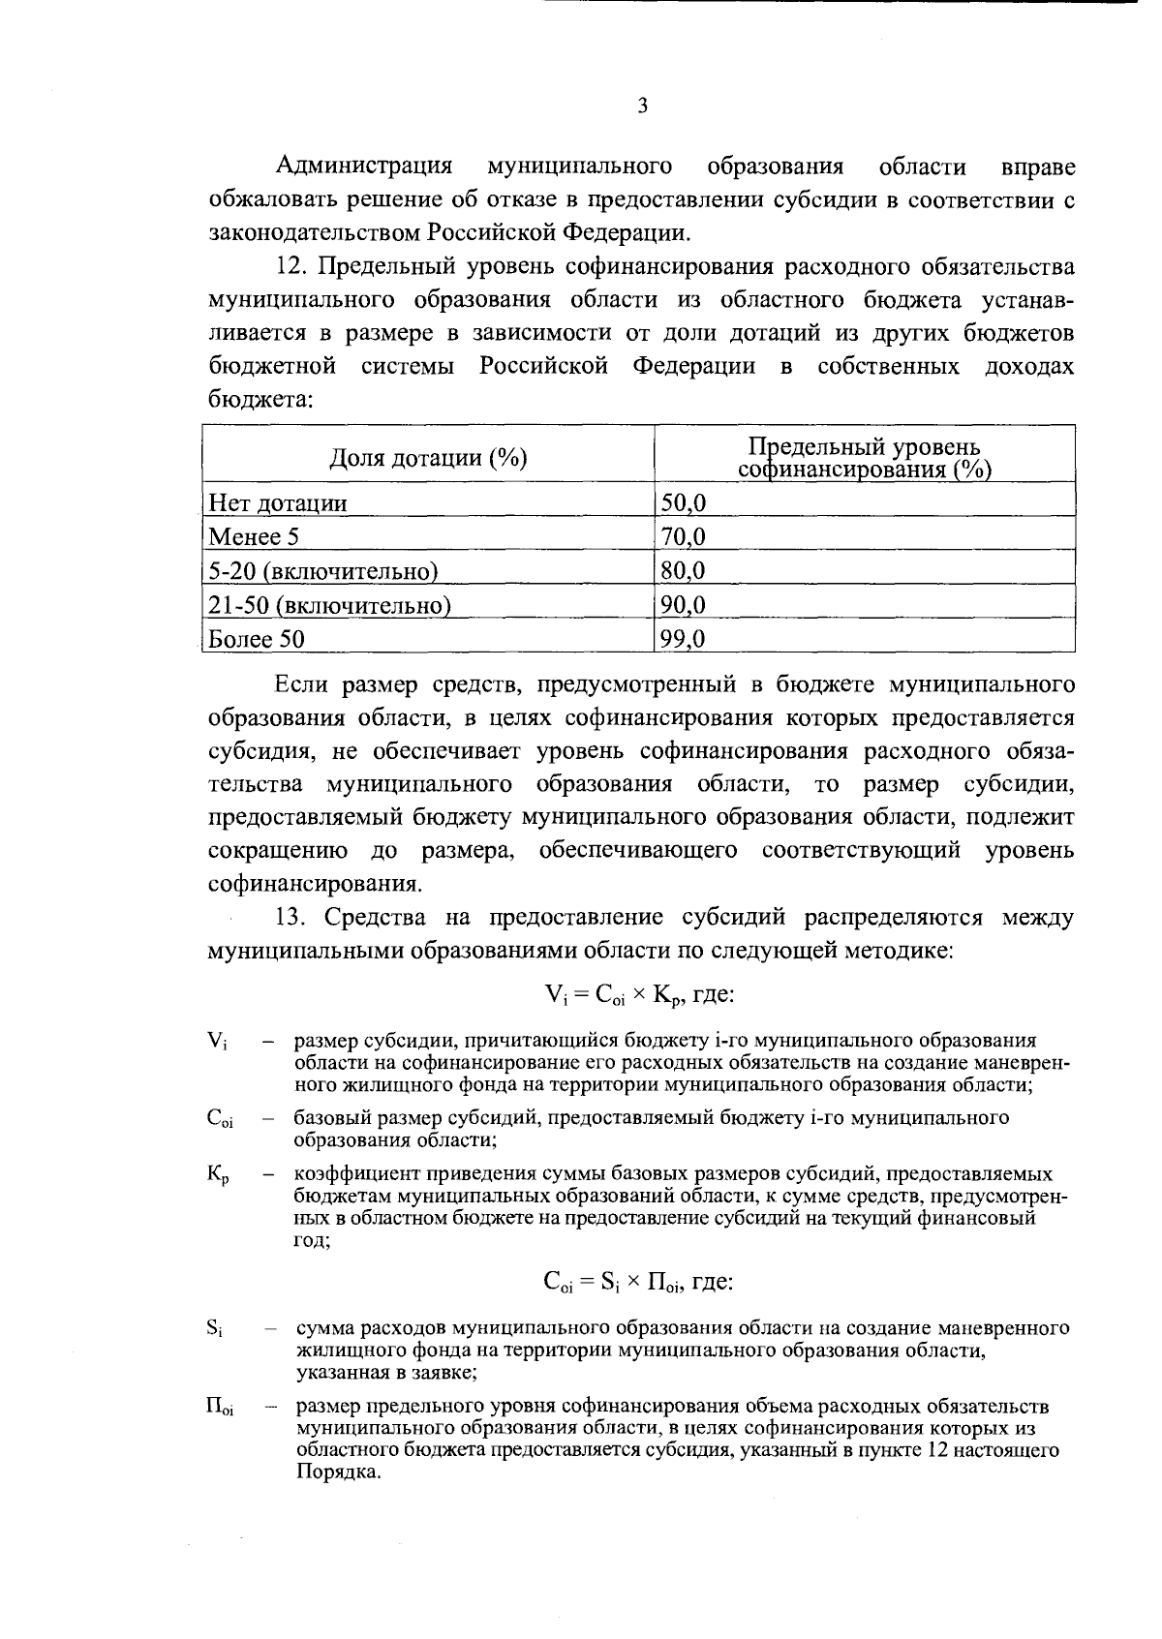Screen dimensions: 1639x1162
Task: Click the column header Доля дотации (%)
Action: [428, 458]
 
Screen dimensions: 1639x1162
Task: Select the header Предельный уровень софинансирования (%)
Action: [865, 459]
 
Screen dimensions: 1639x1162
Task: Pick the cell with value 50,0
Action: [683, 503]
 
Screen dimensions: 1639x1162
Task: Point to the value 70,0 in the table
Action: [683, 537]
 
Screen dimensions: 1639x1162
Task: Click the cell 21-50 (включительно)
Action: [329, 606]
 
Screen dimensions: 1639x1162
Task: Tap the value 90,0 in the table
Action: [683, 606]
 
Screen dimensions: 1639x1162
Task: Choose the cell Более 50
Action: [257, 639]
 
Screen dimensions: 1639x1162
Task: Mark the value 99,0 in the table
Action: [683, 639]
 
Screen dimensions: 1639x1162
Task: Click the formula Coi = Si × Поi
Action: [638, 1283]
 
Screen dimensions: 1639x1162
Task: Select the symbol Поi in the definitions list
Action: [219, 1407]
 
